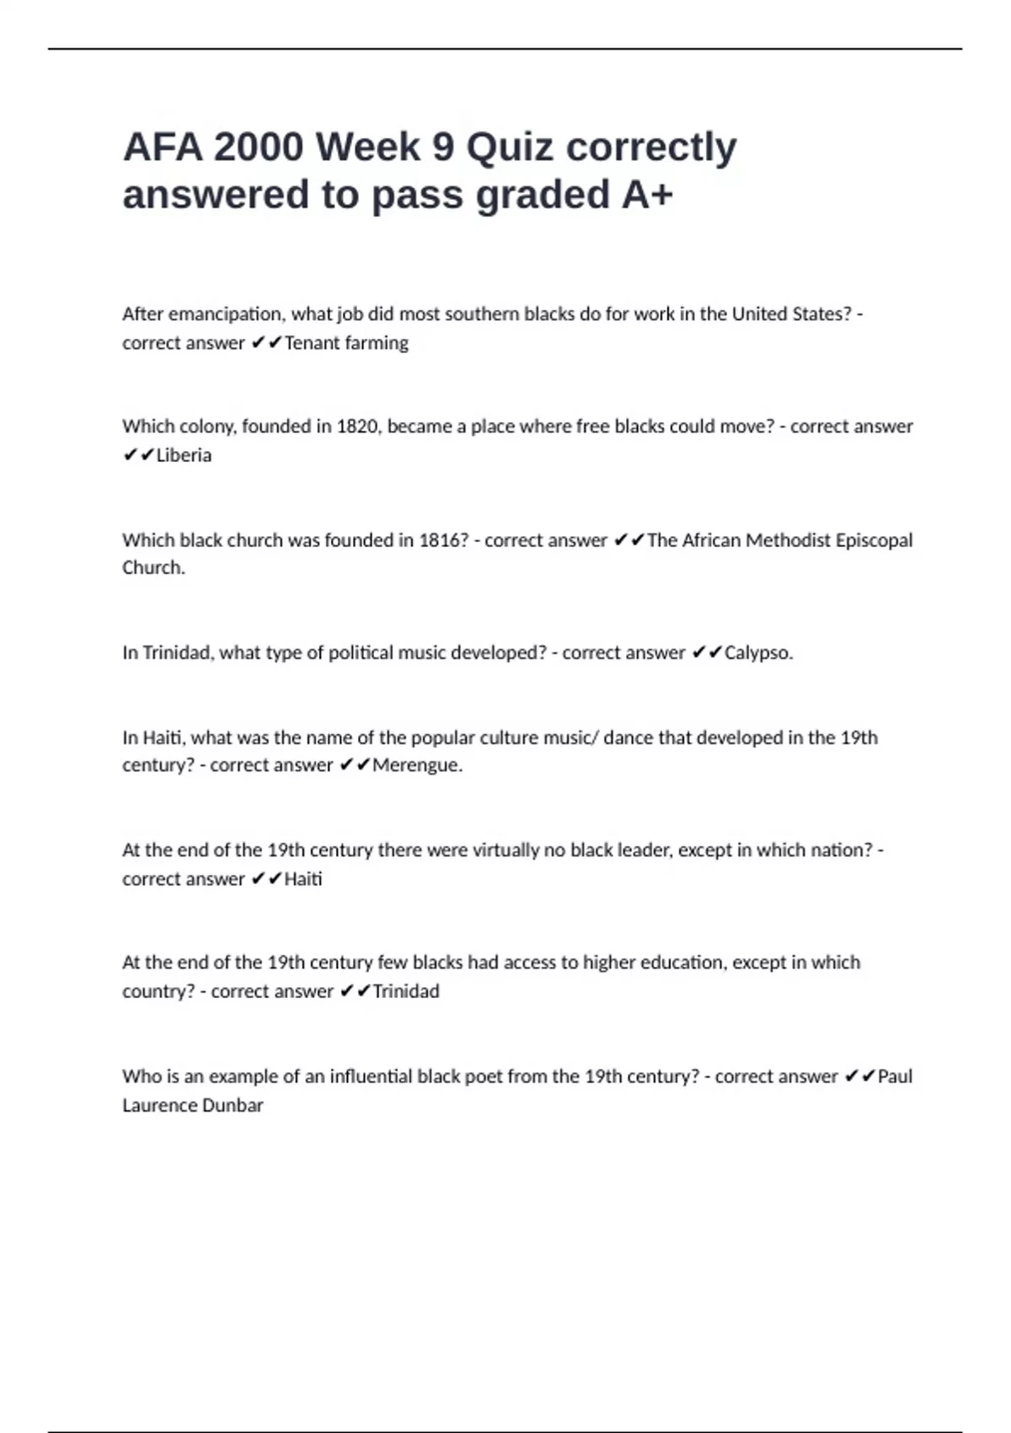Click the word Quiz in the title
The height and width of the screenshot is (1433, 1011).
coord(511,148)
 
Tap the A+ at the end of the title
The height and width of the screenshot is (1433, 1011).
coord(647,195)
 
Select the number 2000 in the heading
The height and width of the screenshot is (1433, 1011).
coord(259,148)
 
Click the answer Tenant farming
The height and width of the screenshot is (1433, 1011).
coord(346,343)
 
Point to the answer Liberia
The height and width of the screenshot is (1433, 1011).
coord(184,455)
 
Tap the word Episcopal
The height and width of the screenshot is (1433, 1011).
coord(874,540)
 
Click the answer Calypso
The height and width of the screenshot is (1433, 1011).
coord(758,652)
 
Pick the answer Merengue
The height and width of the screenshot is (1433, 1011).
coord(417,765)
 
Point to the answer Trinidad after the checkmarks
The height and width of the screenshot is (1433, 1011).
coord(405,991)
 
